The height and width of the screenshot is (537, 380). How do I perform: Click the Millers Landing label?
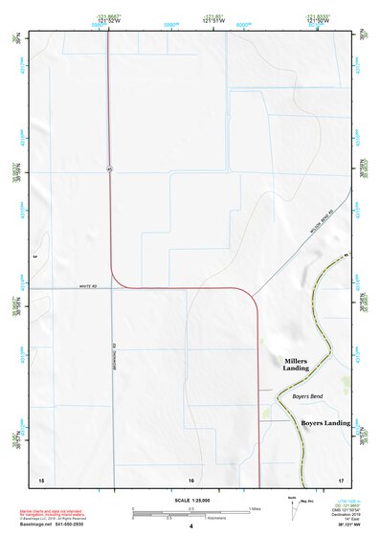296,365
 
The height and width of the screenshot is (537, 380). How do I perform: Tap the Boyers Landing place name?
325,422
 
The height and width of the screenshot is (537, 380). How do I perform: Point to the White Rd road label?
91,285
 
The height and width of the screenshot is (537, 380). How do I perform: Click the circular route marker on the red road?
109,168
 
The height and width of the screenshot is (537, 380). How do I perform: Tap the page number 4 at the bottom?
191,526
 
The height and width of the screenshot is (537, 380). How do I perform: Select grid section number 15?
40,479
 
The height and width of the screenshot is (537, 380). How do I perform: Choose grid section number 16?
191,479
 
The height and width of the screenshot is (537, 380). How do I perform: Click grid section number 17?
341,479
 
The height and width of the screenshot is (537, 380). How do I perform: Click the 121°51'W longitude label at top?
212,20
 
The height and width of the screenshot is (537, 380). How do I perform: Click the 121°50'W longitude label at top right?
346,20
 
